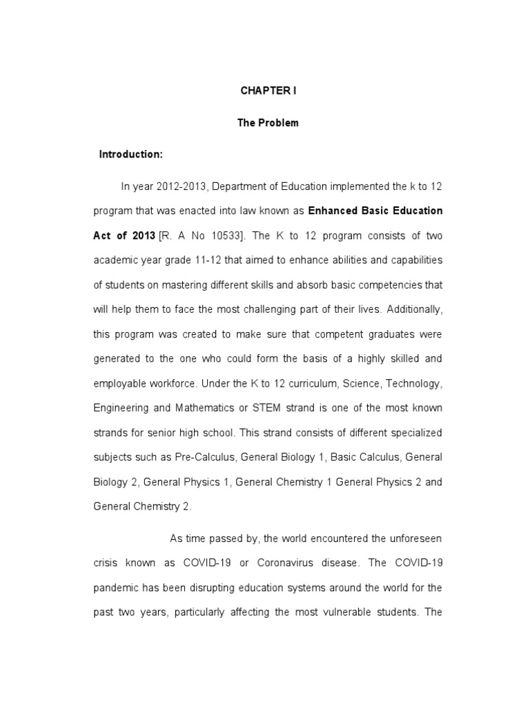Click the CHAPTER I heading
pyautogui.click(x=268, y=90)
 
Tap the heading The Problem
pyautogui.click(x=268, y=122)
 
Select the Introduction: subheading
pyautogui.click(x=131, y=154)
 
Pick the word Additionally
pyautogui.click(x=411, y=309)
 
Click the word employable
pyautogui.click(x=124, y=383)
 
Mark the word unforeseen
pyautogui.click(x=408, y=538)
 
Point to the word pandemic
pyautogui.click(x=115, y=588)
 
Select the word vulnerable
pyautogui.click(x=337, y=612)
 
